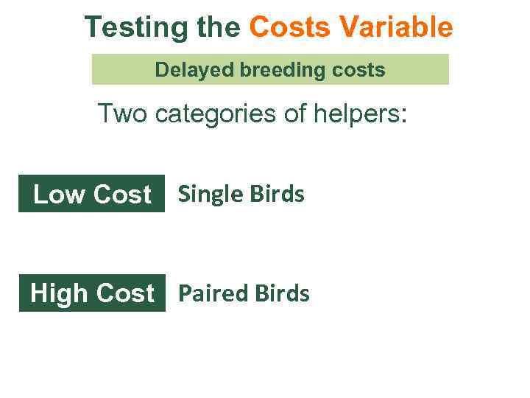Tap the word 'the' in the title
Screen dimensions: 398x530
[x=221, y=28]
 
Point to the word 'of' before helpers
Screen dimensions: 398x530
[x=298, y=114]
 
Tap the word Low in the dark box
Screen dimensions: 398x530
[x=60, y=195]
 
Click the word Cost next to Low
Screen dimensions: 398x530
[x=122, y=195]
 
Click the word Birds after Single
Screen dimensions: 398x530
[x=276, y=194]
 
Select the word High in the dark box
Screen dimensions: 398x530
[x=59, y=293]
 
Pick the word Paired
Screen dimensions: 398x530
[x=213, y=293]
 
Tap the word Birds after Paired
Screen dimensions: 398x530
[x=282, y=293]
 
